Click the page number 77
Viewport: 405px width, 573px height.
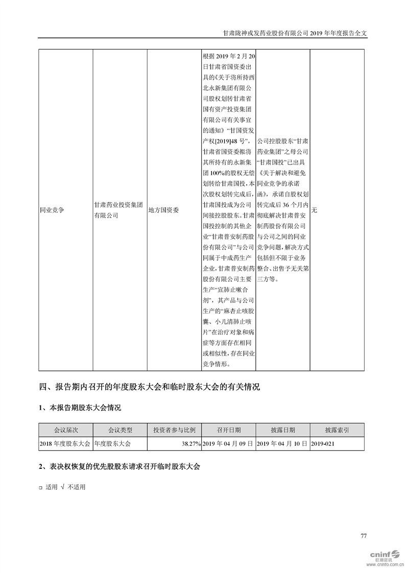click(x=364, y=536)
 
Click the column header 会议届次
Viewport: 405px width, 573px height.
click(x=65, y=430)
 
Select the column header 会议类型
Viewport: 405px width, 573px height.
click(x=120, y=430)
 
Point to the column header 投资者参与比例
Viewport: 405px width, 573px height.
click(x=174, y=430)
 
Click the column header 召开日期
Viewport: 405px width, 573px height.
click(x=228, y=430)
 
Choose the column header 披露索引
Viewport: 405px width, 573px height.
click(x=337, y=430)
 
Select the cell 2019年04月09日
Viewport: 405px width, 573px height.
click(x=228, y=444)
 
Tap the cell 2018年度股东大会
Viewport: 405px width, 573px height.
click(x=65, y=444)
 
